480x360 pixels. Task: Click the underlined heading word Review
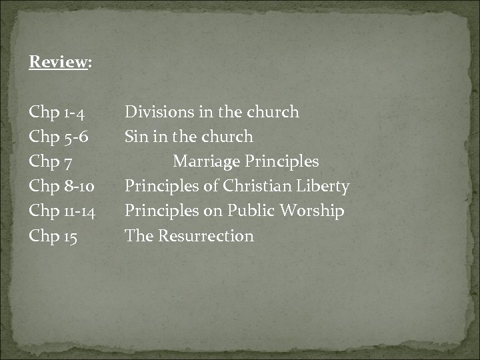click(x=58, y=63)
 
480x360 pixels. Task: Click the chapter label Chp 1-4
click(x=61, y=113)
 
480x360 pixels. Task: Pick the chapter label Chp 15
click(x=53, y=236)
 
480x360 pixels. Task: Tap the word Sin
click(x=136, y=137)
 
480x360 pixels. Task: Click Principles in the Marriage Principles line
click(x=282, y=162)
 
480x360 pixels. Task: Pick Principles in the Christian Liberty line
click(x=162, y=187)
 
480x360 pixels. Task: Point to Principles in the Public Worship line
click(x=162, y=211)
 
